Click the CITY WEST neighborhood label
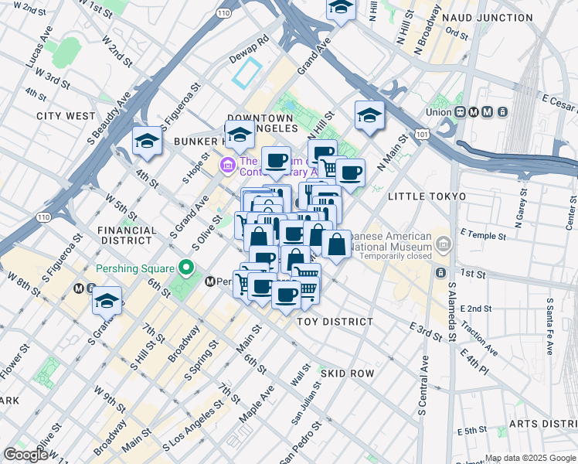click(x=66, y=116)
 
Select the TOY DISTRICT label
click(x=335, y=321)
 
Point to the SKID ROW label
click(x=349, y=374)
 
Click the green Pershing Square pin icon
click(x=185, y=268)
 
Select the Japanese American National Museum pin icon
click(x=444, y=246)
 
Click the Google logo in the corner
click(x=26, y=455)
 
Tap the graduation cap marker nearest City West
click(x=147, y=142)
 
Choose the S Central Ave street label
click(x=423, y=384)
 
